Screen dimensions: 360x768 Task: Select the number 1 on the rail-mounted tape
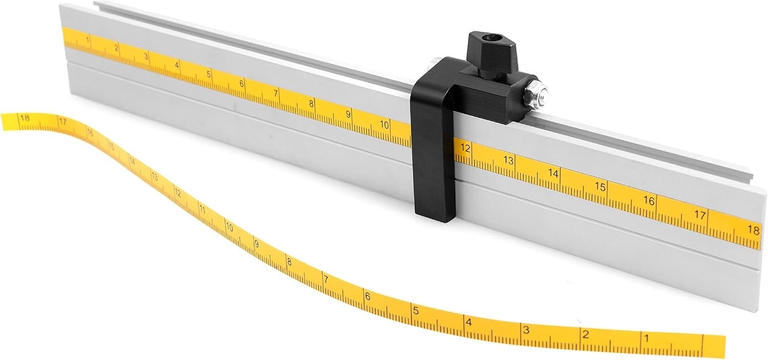tap(89, 39)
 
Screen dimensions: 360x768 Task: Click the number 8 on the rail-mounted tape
tap(311, 103)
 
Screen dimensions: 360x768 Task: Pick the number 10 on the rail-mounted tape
tap(385, 124)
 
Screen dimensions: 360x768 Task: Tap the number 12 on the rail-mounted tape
tap(465, 148)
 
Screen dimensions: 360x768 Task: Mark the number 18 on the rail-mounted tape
tap(753, 230)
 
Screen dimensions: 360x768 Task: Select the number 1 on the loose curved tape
tap(646, 338)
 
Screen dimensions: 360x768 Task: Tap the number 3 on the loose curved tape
tap(526, 330)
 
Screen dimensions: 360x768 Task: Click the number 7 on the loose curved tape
tap(325, 280)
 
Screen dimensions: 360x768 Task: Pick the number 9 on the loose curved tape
tap(257, 244)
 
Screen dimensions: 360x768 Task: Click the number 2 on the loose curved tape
tap(585, 335)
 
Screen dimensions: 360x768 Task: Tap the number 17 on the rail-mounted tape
tap(700, 215)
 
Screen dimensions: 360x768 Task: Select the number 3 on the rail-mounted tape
tap(146, 56)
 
